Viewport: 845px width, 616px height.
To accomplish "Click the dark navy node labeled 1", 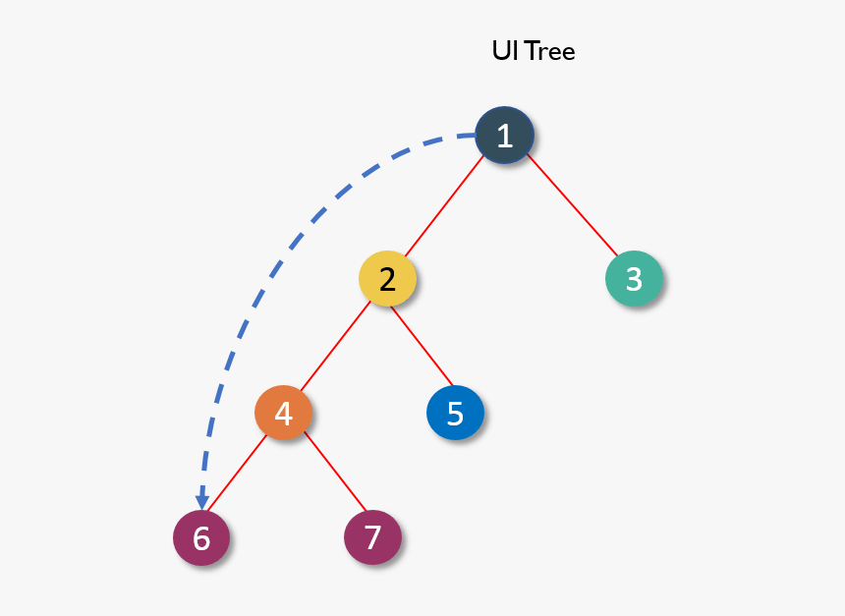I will (x=504, y=136).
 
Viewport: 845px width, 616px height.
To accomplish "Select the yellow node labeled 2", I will (x=387, y=279).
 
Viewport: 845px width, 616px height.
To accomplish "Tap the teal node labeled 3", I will (x=634, y=279).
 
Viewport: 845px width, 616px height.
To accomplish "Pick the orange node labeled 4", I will (x=283, y=413).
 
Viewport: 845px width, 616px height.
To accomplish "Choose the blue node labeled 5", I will (x=455, y=413).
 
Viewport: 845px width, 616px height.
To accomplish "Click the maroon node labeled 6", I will (x=201, y=537).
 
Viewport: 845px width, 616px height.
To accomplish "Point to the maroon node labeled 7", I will (x=372, y=537).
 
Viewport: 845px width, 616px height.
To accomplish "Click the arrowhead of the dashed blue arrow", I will (x=202, y=502).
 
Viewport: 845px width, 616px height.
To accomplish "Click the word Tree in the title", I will (x=549, y=51).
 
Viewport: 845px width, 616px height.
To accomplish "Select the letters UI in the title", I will (x=503, y=51).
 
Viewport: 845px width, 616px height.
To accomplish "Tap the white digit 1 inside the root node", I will (x=504, y=136).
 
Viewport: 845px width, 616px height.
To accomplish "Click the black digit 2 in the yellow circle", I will (x=387, y=279).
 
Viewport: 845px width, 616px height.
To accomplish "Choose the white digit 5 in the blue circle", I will (x=455, y=413).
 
